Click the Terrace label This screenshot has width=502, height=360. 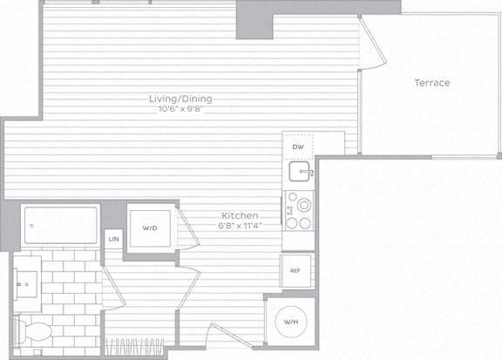click(432, 83)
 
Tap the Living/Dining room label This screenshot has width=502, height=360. click(180, 98)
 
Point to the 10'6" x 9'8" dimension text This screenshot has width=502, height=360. click(181, 109)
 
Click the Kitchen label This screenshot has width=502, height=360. click(240, 215)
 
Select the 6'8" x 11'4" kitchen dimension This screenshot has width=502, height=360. click(241, 226)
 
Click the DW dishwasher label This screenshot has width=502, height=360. click(298, 147)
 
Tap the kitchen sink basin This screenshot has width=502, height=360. click(300, 172)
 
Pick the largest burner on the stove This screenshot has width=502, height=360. click(304, 205)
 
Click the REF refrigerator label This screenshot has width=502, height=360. click(295, 270)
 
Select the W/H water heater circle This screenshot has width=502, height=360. click(291, 322)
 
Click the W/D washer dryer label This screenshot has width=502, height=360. click(150, 228)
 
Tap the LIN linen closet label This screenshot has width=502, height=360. click(113, 239)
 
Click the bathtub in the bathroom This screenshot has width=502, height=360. click(61, 225)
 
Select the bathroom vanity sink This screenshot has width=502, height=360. click(26, 284)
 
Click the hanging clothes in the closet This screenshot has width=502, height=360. click(134, 347)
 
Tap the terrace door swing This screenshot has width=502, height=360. click(371, 44)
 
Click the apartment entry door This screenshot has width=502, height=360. click(230, 336)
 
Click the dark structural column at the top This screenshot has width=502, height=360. click(254, 20)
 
